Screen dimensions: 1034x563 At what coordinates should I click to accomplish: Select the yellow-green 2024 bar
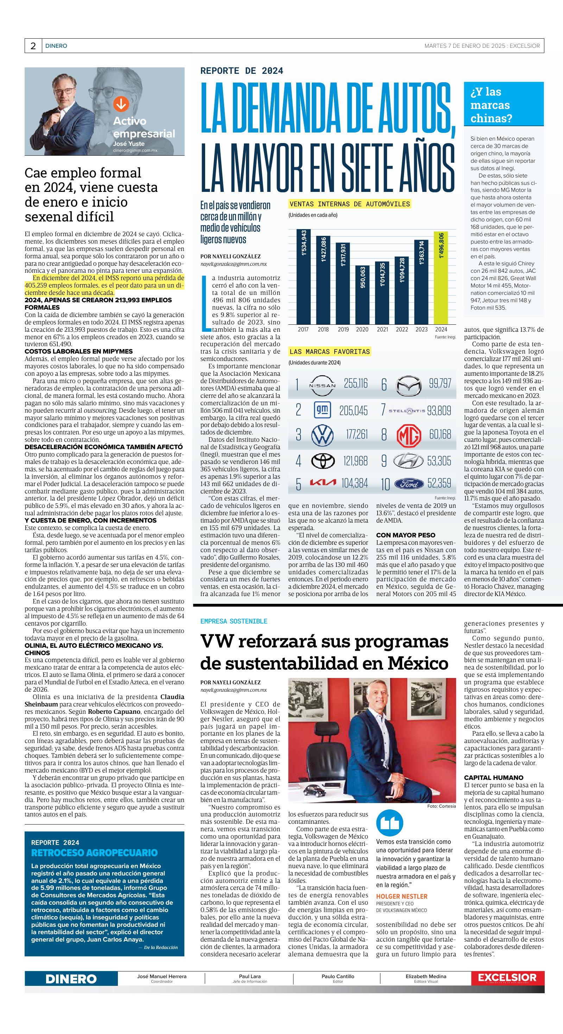click(441, 278)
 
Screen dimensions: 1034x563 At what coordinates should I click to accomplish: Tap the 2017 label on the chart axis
click(303, 330)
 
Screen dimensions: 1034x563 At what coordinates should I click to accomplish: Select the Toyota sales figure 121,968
click(355, 461)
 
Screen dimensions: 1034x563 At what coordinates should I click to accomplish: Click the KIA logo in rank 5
click(323, 483)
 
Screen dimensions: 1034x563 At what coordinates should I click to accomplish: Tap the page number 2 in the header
click(33, 46)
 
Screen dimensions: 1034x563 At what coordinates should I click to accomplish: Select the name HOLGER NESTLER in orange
click(401, 896)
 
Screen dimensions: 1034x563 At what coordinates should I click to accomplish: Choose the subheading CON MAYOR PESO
click(405, 535)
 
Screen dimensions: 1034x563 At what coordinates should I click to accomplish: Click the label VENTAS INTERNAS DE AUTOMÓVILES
click(350, 204)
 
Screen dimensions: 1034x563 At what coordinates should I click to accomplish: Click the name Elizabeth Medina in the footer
click(425, 976)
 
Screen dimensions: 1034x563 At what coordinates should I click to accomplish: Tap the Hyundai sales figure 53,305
click(439, 461)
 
